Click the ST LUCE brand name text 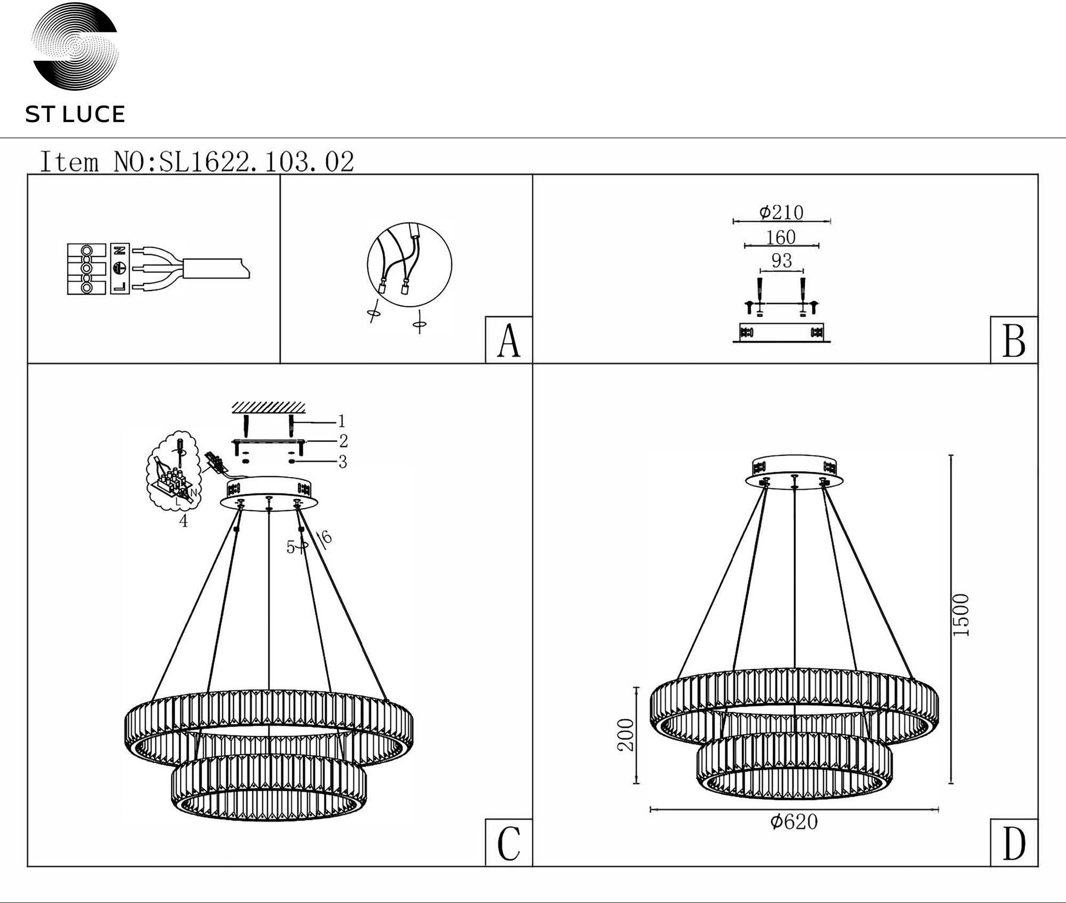pyautogui.click(x=75, y=115)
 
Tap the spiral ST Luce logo pyautogui.click(x=75, y=46)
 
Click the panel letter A pyautogui.click(x=508, y=341)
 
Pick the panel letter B pyautogui.click(x=1014, y=341)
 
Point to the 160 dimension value pyautogui.click(x=781, y=237)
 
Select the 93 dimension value pyautogui.click(x=781, y=261)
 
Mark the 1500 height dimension pyautogui.click(x=960, y=615)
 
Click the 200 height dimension pyautogui.click(x=626, y=735)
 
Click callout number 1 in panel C pyautogui.click(x=342, y=422)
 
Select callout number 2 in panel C pyautogui.click(x=343, y=441)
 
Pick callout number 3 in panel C pyautogui.click(x=343, y=462)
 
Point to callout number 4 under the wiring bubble pyautogui.click(x=183, y=521)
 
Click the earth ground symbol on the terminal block pyautogui.click(x=119, y=268)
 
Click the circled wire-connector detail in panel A pyautogui.click(x=409, y=264)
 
